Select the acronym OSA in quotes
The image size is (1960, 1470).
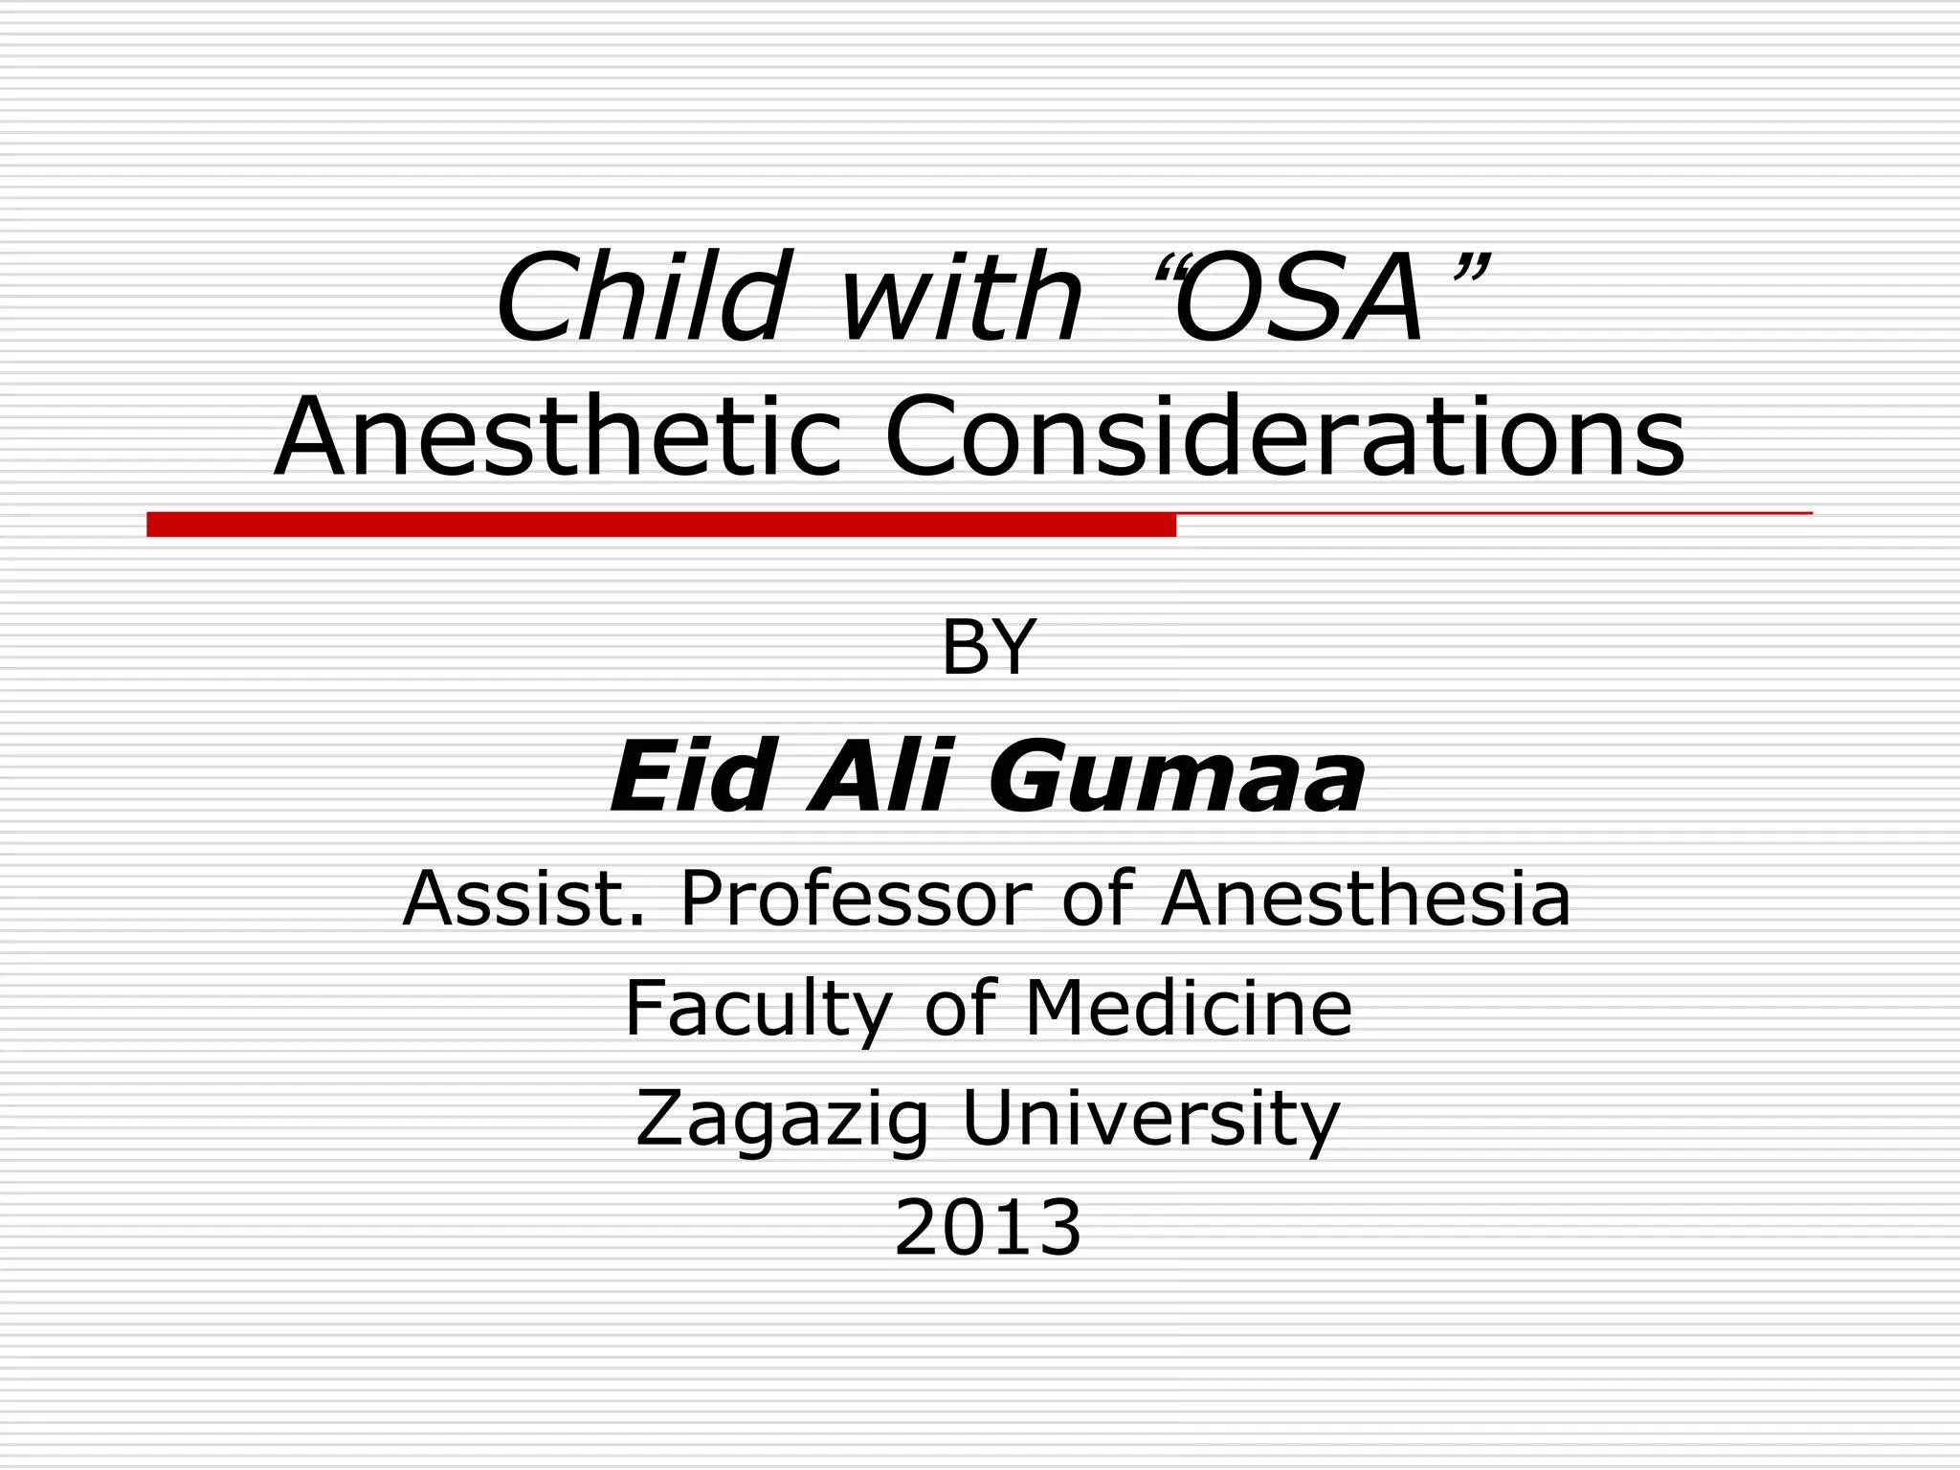[1298, 299]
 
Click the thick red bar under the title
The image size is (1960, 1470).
[660, 524]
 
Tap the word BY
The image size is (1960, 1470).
[988, 648]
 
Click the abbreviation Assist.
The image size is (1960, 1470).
[523, 899]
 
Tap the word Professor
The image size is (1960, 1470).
[856, 899]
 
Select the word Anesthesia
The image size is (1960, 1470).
[1366, 899]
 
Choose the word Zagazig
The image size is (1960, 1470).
[782, 1121]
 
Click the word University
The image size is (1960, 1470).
[1150, 1121]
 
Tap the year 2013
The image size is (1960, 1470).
[988, 1228]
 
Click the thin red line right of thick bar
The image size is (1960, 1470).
[1493, 514]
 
